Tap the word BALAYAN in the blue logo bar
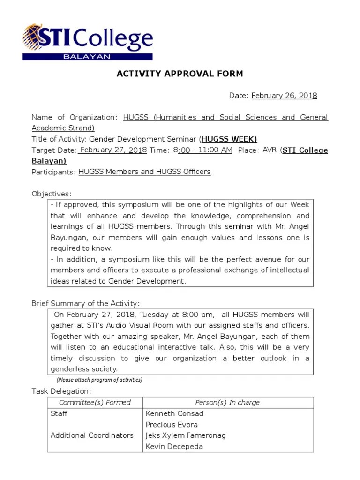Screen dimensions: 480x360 pos(88,57)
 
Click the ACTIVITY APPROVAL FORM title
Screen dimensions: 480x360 pos(180,74)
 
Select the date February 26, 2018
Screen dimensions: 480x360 pos(284,96)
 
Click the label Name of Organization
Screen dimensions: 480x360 pos(74,117)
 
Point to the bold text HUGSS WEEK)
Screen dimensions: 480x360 pos(229,139)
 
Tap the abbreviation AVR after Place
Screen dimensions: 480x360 pos(270,150)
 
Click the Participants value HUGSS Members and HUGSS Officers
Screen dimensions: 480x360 pos(144,172)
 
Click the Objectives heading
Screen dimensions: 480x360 pos(52,194)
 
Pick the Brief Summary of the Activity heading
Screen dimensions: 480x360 pos(85,303)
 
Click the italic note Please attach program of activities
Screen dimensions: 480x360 pos(99,380)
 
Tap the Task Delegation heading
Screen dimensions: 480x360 pos(61,391)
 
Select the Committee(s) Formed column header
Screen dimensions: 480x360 pos(95,403)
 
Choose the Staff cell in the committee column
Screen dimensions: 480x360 pos(59,414)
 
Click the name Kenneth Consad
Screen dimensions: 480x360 pos(174,414)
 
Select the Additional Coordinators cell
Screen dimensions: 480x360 pos(92,435)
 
